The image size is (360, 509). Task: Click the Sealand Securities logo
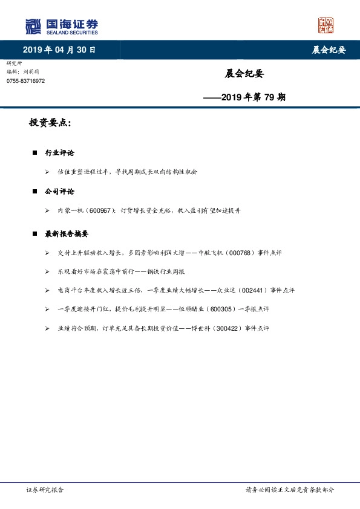pos(61,27)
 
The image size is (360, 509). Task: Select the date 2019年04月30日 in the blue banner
pos(59,50)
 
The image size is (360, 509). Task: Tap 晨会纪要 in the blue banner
pos(329,50)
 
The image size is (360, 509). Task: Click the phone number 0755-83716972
pos(25,81)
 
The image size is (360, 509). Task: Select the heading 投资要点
pos(50,123)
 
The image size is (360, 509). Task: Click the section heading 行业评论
pos(59,153)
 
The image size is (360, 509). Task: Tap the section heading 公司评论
pos(59,191)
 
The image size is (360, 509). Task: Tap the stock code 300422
pos(223,328)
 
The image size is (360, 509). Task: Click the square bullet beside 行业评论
pos(35,154)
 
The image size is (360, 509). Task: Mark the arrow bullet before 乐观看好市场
pos(47,272)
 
